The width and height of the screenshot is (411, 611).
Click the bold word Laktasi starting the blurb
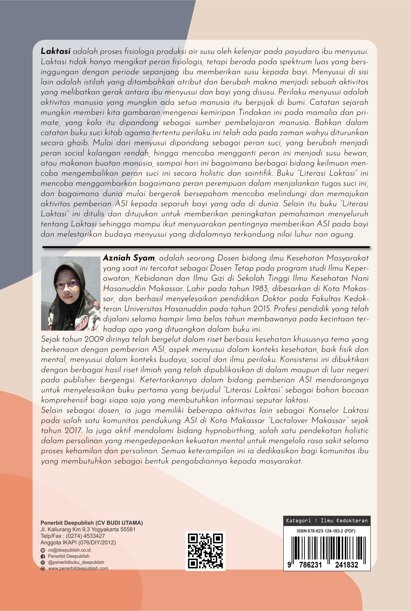55,51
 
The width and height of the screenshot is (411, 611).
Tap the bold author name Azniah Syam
129,258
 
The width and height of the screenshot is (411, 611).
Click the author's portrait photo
71,293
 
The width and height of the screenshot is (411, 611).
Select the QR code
205,551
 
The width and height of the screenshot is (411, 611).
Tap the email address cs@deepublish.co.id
69,550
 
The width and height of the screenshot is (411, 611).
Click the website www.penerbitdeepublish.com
78,568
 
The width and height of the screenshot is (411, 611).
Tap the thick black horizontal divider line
206,247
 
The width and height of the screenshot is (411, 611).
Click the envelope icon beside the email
43,550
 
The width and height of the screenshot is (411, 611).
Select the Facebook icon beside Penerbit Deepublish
43,556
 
